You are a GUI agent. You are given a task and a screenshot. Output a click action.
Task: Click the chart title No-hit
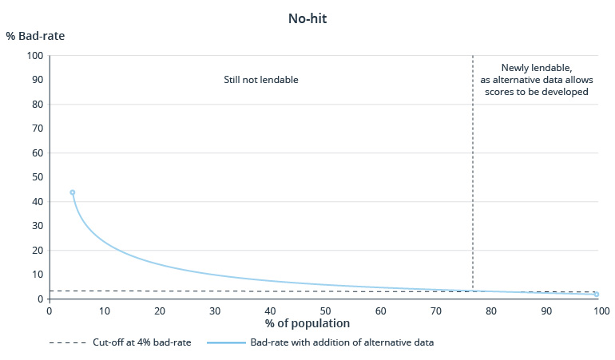(x=307, y=18)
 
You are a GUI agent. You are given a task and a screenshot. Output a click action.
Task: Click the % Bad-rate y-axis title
(x=35, y=37)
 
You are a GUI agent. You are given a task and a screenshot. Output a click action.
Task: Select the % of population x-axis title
(x=307, y=323)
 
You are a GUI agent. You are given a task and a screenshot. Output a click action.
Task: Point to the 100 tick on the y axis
(x=34, y=56)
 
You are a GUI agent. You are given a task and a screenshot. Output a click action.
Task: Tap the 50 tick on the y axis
(x=37, y=177)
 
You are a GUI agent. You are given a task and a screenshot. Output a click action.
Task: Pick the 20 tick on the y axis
(x=37, y=251)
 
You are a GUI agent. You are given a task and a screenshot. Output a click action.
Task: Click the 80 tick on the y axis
(x=37, y=105)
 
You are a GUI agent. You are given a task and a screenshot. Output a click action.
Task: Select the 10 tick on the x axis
(x=105, y=310)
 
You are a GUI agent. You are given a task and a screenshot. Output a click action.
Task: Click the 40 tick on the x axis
(x=270, y=310)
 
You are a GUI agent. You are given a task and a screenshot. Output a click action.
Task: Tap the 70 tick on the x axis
(x=436, y=310)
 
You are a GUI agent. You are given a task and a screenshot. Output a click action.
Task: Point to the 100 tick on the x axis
(x=601, y=310)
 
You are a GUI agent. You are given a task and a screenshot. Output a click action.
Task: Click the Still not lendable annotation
(x=260, y=80)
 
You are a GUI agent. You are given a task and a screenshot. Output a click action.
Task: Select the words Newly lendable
(x=534, y=69)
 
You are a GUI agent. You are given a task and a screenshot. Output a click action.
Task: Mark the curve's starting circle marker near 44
(x=73, y=192)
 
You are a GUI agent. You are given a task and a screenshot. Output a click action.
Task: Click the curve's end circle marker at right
(x=596, y=295)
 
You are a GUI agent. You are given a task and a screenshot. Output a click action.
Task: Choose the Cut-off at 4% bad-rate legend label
(x=139, y=342)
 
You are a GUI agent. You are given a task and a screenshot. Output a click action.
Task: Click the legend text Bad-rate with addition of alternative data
(x=342, y=342)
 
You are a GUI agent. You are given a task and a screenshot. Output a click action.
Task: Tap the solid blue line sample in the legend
(x=226, y=342)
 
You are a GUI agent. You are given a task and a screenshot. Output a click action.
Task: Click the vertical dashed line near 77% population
(x=473, y=176)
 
